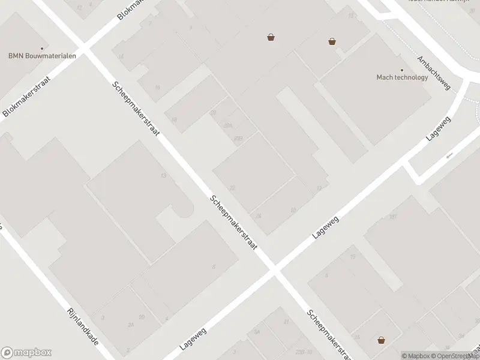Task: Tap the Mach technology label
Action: pyautogui.click(x=402, y=77)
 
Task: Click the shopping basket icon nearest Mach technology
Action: pyautogui.click(x=332, y=41)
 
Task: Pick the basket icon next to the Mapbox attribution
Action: pyautogui.click(x=381, y=340)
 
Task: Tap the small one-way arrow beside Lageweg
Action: pyautogui.click(x=449, y=156)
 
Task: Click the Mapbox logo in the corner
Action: pyautogui.click(x=26, y=353)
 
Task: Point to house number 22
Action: pyautogui.click(x=232, y=188)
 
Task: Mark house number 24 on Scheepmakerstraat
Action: pyautogui.click(x=258, y=216)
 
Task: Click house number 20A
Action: pyautogui.click(x=227, y=125)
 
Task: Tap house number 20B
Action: pyautogui.click(x=238, y=139)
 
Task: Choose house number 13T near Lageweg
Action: pyautogui.click(x=394, y=217)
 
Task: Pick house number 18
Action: pyautogui.click(x=174, y=120)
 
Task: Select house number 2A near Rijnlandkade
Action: pyautogui.click(x=130, y=325)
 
